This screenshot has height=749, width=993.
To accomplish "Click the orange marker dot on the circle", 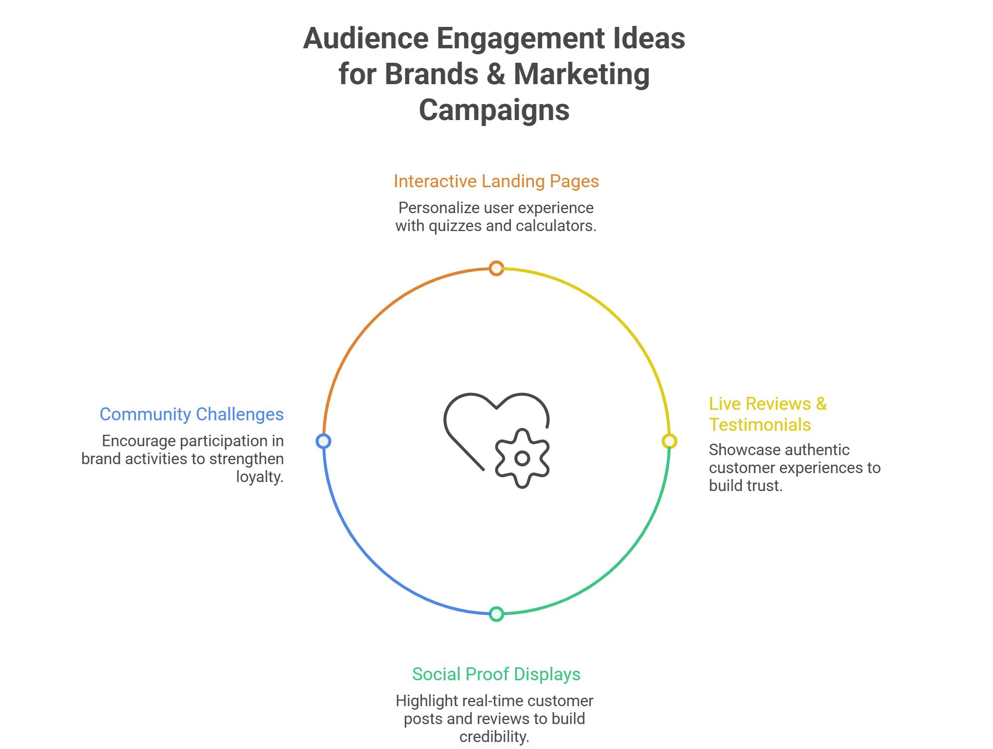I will point(496,268).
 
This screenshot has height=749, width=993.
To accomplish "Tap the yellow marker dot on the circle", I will point(669,441).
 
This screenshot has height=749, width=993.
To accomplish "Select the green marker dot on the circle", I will point(496,614).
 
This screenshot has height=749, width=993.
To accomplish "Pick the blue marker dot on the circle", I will point(324,441).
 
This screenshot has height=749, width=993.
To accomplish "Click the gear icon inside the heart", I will point(522,458).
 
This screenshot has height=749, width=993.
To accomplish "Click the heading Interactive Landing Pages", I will point(496,181).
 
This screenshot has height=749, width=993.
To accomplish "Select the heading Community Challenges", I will point(191,414).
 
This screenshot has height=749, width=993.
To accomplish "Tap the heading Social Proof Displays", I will point(496,674).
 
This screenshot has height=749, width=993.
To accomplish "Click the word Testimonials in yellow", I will point(760,425).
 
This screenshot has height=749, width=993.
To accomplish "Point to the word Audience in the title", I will point(365,38).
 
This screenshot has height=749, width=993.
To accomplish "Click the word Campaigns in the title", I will point(494,110).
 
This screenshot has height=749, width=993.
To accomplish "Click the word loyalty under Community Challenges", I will point(259,477).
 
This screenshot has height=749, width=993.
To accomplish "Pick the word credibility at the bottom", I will point(494,737).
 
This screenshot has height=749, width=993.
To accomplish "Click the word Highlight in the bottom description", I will point(427,701).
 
